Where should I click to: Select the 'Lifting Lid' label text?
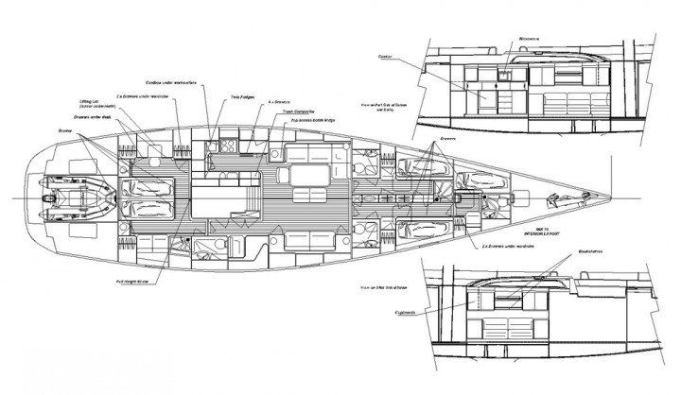click(x=92, y=98)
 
